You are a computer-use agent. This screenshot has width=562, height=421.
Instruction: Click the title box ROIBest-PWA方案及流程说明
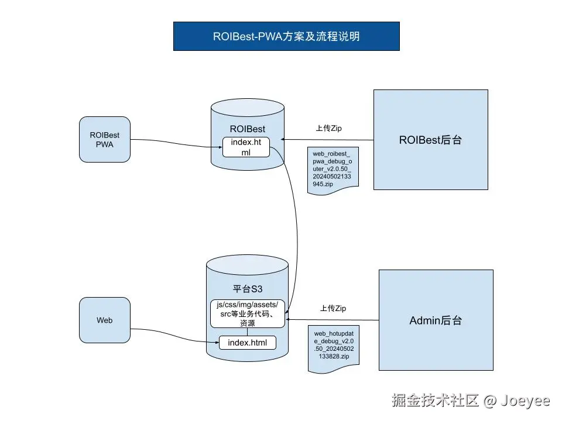click(x=286, y=36)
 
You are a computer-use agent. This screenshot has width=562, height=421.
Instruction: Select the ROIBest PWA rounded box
click(x=104, y=139)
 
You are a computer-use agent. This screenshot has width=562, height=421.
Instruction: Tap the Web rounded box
click(x=104, y=320)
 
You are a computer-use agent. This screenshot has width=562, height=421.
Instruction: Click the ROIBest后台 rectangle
click(x=430, y=139)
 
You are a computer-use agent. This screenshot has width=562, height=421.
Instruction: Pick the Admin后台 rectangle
click(x=436, y=320)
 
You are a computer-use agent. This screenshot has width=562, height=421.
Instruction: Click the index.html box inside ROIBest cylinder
click(x=246, y=147)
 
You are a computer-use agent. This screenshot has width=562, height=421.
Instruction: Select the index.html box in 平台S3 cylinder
click(x=247, y=342)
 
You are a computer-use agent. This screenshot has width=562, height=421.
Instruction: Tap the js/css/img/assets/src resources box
click(x=247, y=313)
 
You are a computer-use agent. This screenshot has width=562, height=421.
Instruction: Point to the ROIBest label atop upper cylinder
click(x=247, y=128)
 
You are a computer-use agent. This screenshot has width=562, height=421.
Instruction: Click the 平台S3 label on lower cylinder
click(x=247, y=289)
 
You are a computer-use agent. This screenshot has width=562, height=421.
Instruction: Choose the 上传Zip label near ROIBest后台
click(x=328, y=128)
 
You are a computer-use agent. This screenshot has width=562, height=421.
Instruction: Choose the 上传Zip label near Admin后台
click(x=333, y=308)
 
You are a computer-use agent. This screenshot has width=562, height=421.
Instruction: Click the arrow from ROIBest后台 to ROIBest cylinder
click(x=328, y=140)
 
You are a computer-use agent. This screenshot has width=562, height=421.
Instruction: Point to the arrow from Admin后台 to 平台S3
click(x=334, y=319)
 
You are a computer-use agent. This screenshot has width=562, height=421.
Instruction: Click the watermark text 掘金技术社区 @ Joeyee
click(x=471, y=401)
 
